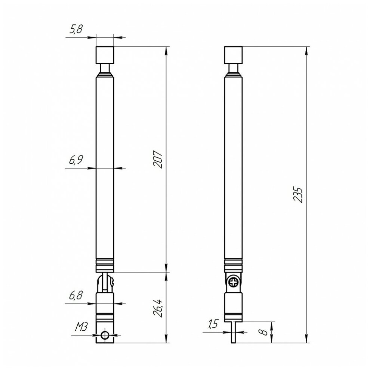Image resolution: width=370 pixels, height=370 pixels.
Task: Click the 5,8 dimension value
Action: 76,29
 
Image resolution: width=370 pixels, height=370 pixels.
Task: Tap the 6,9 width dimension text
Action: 76,160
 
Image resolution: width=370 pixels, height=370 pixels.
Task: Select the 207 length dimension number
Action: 158,159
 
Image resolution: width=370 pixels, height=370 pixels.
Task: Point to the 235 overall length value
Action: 298,195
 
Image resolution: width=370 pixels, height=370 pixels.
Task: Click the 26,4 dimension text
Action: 158,308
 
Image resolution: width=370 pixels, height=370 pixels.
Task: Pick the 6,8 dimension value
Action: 76,295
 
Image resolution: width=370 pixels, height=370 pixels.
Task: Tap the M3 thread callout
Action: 81,327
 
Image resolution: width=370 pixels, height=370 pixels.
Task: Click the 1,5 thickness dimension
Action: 213,324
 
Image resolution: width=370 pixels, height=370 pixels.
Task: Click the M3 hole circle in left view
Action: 105,335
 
